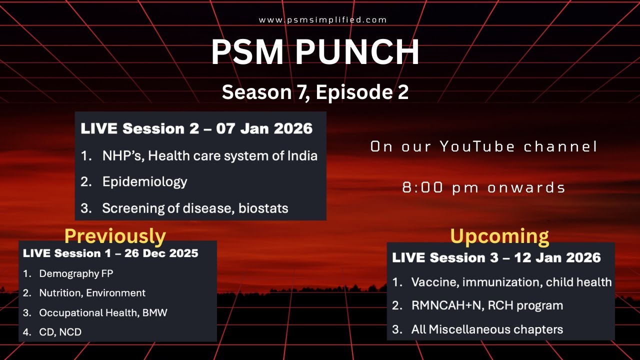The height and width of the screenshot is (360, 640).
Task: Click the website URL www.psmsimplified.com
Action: click(323, 20)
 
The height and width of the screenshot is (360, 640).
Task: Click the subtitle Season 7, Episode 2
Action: click(315, 92)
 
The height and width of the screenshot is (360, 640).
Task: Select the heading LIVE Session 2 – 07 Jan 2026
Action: click(196, 128)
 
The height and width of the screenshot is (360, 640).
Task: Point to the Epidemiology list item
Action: click(144, 181)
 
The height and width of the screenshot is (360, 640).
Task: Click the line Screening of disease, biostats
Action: click(195, 208)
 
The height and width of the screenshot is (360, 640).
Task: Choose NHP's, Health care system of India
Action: click(209, 155)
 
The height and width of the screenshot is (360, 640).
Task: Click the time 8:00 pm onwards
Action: click(483, 187)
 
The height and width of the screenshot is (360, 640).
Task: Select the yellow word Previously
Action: click(115, 235)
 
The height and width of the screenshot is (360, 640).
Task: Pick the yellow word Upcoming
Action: click(499, 236)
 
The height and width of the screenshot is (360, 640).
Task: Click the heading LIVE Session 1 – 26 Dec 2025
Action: click(110, 253)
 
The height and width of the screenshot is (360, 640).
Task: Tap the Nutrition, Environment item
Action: click(92, 293)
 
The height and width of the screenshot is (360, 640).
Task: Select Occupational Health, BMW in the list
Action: click(103, 313)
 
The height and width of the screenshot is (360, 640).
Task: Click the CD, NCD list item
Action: click(60, 332)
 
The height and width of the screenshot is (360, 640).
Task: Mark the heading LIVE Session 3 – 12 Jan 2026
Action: click(496, 257)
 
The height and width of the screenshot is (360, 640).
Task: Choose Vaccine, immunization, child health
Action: click(511, 282)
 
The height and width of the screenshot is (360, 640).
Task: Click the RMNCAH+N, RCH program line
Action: click(487, 305)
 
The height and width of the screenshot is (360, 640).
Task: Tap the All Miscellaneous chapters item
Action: click(487, 329)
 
